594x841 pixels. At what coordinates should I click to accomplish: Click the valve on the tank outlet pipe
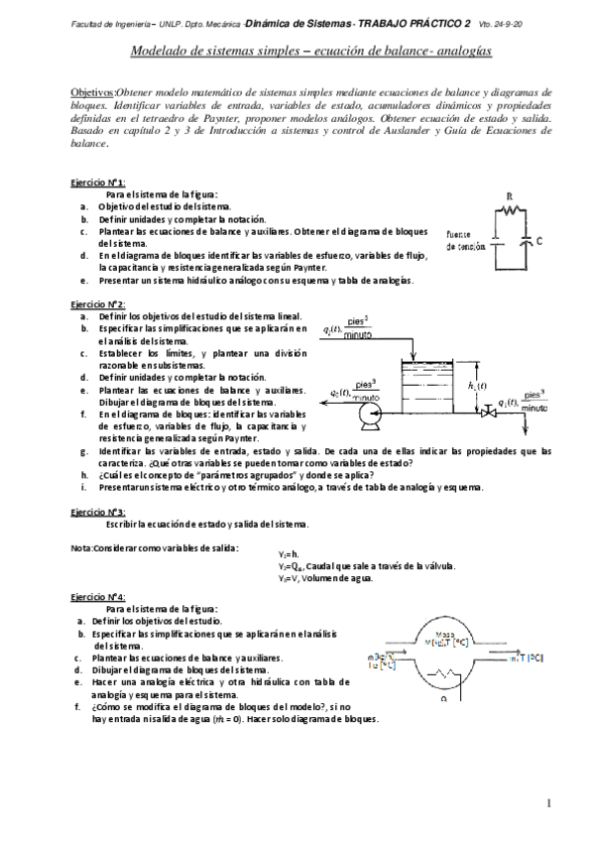coord(487,410)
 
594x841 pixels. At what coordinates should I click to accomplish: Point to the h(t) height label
coord(477,385)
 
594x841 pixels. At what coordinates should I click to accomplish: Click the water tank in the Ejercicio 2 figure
coord(426,387)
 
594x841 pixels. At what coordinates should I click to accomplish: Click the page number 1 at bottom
coord(548,801)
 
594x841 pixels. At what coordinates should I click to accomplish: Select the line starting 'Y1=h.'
coord(289,553)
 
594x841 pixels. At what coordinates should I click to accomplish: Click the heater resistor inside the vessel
coord(444,673)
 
